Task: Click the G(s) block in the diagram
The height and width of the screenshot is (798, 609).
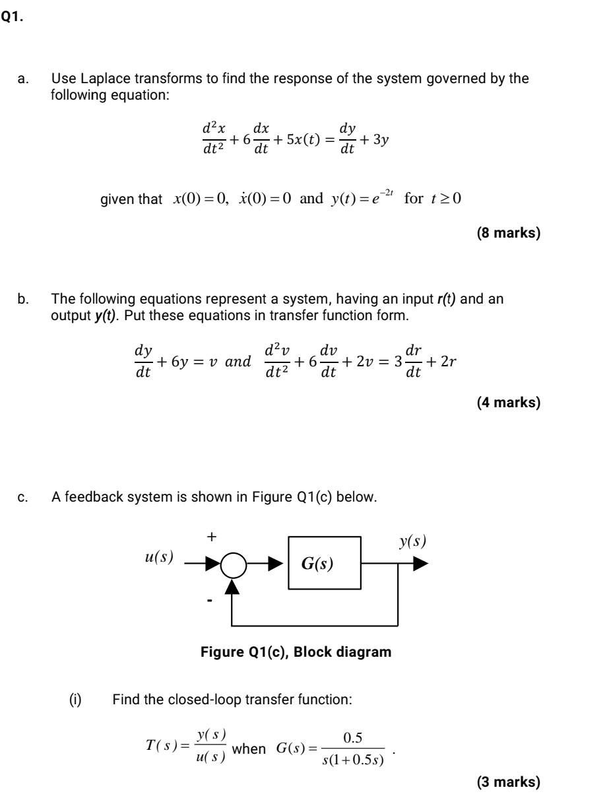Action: [x=324, y=565]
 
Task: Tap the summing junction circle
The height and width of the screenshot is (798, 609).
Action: [x=232, y=566]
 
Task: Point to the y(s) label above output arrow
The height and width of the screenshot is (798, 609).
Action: [x=412, y=542]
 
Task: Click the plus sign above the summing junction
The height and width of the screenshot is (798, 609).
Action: [x=211, y=537]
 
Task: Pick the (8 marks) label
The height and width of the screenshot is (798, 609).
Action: [x=507, y=233]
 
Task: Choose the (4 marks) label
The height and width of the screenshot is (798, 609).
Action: [x=507, y=402]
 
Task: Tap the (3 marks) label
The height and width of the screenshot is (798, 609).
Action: [x=507, y=782]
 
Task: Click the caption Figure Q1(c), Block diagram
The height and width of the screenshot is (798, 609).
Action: [x=296, y=652]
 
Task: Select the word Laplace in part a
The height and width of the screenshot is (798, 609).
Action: [x=106, y=79]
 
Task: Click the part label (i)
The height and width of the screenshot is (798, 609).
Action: [x=75, y=698]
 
